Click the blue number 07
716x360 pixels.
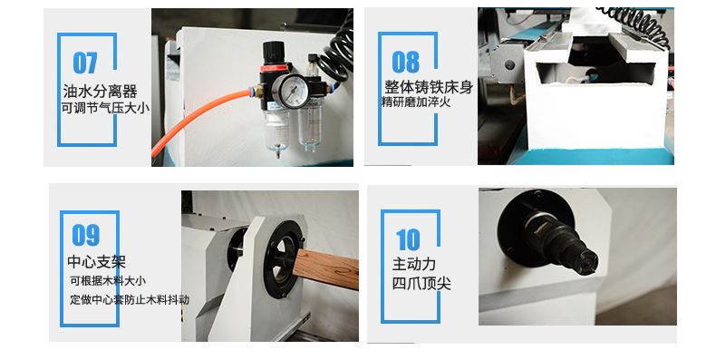[85, 63]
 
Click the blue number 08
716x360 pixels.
[405, 62]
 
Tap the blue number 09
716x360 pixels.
[86, 235]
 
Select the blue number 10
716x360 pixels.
[408, 239]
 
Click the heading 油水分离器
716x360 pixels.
[100, 92]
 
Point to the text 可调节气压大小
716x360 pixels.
[105, 108]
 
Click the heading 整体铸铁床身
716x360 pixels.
[429, 87]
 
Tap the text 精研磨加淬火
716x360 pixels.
[416, 102]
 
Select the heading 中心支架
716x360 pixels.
[96, 262]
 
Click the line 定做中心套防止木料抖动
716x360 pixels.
[130, 299]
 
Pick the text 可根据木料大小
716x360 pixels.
[108, 280]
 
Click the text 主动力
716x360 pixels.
[413, 264]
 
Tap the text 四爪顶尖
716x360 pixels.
[421, 283]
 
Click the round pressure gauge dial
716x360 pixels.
[290, 90]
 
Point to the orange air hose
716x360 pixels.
[201, 119]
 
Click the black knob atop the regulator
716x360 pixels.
[274, 52]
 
